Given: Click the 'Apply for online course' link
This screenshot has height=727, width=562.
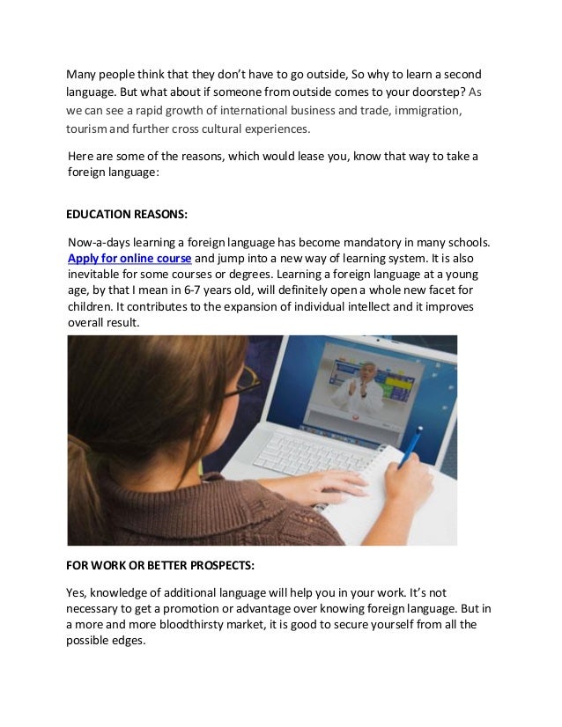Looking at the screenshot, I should (129, 259).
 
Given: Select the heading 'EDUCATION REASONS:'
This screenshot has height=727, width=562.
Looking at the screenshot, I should (128, 214).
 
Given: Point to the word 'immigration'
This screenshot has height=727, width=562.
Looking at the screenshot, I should (426, 111).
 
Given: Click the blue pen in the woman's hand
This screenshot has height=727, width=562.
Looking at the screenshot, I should (411, 444).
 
